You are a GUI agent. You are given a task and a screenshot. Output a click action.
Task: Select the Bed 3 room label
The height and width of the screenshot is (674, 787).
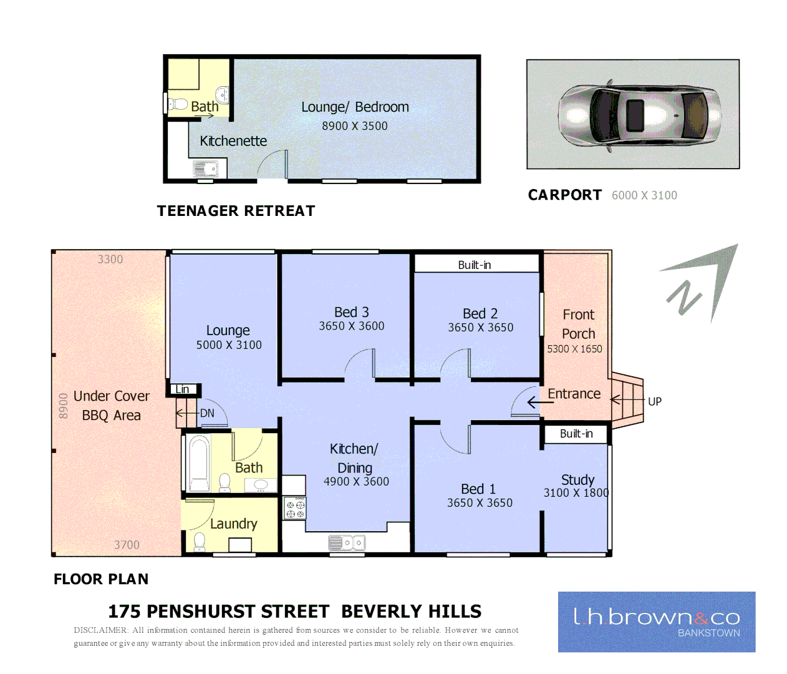pyautogui.click(x=352, y=312)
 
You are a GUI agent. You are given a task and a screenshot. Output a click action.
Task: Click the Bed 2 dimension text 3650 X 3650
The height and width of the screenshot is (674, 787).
pyautogui.click(x=480, y=328)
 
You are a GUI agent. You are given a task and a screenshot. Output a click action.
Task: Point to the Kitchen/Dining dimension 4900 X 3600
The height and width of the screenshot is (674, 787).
pyautogui.click(x=356, y=482)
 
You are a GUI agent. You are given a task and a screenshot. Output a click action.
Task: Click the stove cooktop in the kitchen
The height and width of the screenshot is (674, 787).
pyautogui.click(x=295, y=508)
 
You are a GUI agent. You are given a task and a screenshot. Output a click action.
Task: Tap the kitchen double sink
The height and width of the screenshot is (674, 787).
pyautogui.click(x=347, y=543)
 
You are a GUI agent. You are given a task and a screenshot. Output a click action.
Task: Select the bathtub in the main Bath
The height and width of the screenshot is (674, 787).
pyautogui.click(x=199, y=464)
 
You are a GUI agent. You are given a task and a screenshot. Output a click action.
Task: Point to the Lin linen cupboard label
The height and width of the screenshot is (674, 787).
pyautogui.click(x=182, y=389)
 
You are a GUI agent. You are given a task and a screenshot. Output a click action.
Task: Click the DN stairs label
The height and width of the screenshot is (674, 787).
pyautogui.click(x=207, y=413)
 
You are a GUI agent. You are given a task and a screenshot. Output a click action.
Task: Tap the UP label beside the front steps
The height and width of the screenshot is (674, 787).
pyautogui.click(x=655, y=402)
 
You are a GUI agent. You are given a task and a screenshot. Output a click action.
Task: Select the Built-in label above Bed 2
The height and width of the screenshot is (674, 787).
pyautogui.click(x=475, y=265)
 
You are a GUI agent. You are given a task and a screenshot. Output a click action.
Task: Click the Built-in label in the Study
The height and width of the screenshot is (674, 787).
pyautogui.click(x=576, y=434)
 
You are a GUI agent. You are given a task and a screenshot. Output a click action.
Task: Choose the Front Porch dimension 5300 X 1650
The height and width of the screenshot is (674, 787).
pyautogui.click(x=574, y=349)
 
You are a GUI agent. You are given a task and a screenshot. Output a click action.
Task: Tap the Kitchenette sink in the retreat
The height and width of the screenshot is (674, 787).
pyautogui.click(x=205, y=168)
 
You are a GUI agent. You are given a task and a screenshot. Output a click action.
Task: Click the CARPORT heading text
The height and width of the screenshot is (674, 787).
pyautogui.click(x=565, y=195)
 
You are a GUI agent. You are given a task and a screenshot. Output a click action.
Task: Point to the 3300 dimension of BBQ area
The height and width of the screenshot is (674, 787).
pyautogui.click(x=110, y=260)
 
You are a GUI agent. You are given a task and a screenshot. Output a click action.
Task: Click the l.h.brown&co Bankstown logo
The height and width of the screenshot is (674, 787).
pyautogui.click(x=657, y=622)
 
